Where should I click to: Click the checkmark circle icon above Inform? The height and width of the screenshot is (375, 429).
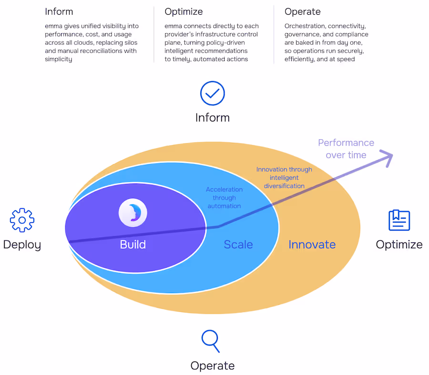click(x=212, y=93)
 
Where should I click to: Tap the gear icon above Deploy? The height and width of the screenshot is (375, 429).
click(x=22, y=220)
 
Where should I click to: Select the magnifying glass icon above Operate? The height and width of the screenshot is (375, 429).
click(x=210, y=341)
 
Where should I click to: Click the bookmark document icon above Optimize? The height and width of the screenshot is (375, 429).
click(x=399, y=220)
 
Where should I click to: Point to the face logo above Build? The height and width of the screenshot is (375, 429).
click(x=133, y=213)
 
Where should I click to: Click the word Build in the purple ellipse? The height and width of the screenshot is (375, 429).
click(x=133, y=245)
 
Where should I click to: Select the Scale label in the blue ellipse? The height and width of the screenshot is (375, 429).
click(x=238, y=245)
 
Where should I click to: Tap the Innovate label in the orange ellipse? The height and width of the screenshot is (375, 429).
click(x=312, y=245)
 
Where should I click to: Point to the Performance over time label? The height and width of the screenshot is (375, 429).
click(x=346, y=149)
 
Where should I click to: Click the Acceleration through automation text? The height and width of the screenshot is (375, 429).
click(x=224, y=197)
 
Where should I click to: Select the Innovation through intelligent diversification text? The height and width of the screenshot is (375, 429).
click(x=284, y=177)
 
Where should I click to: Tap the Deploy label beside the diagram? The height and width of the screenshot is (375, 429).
click(x=22, y=245)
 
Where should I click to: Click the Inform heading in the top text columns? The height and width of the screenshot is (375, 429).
click(x=59, y=11)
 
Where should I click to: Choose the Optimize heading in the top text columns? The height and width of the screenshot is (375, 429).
click(x=184, y=11)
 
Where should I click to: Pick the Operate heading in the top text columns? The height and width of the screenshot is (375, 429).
click(x=302, y=11)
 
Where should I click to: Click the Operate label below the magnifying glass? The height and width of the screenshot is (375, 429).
click(x=212, y=365)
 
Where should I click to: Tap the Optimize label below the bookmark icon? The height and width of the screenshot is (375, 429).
click(x=399, y=245)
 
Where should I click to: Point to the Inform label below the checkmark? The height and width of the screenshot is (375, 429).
click(x=212, y=118)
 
